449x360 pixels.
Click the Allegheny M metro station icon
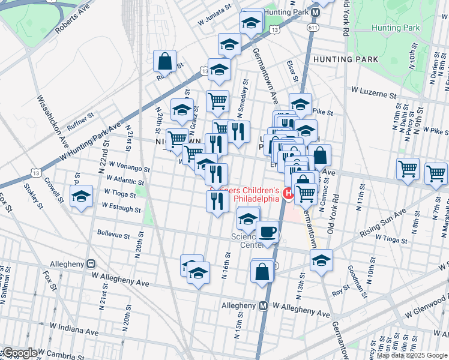tap(262, 305)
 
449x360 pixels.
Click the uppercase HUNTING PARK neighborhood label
tap(346, 59)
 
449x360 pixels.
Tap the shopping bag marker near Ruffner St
tap(164, 61)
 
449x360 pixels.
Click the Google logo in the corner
tap(20, 353)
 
